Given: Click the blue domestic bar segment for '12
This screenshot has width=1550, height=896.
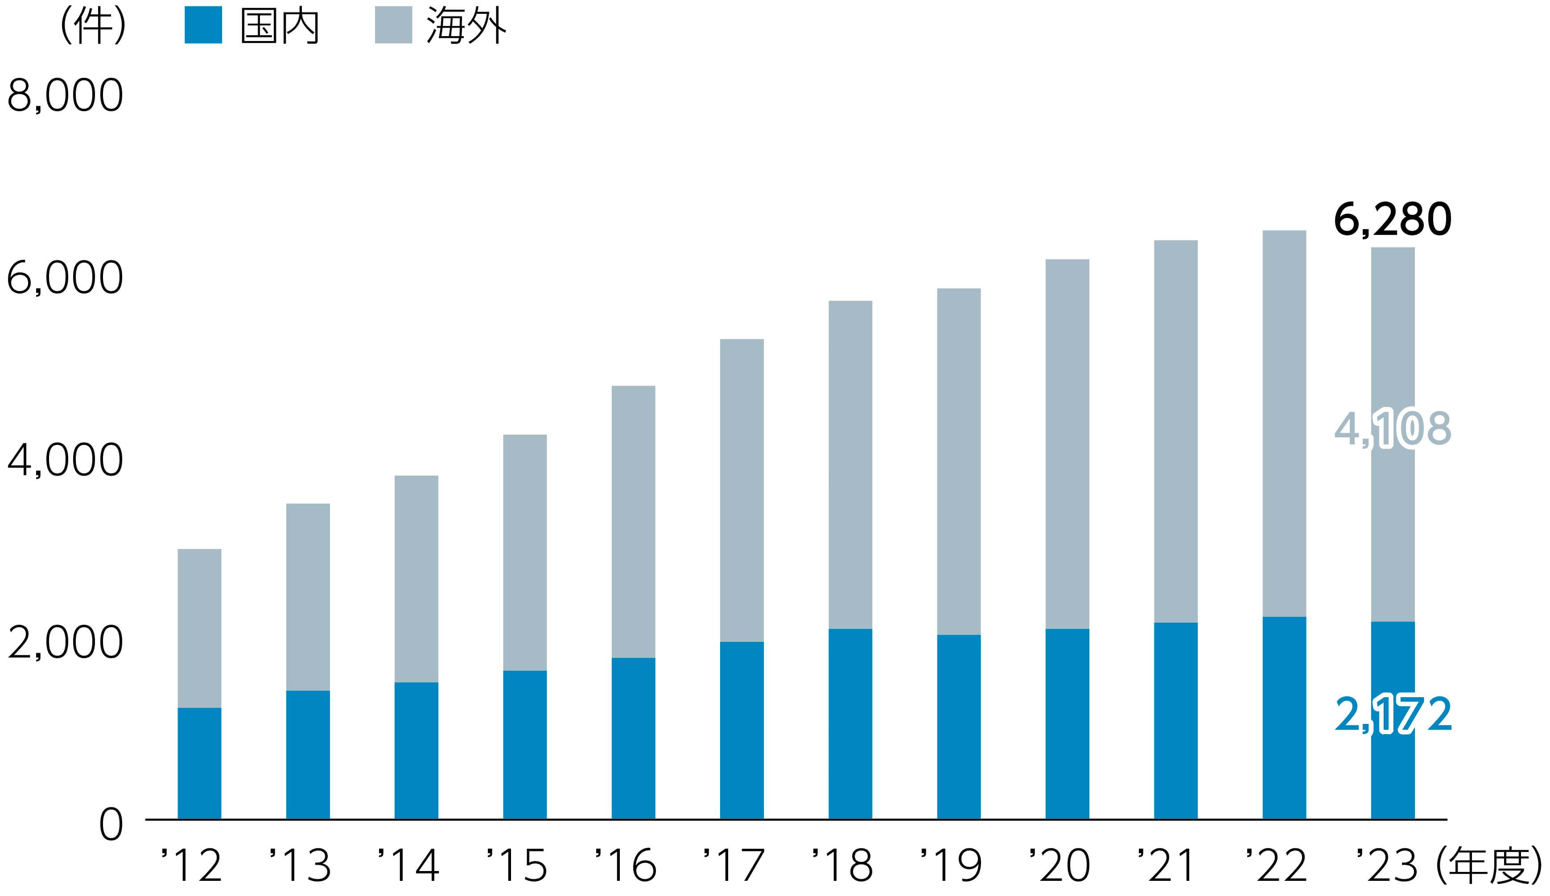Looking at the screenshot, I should (x=199, y=763).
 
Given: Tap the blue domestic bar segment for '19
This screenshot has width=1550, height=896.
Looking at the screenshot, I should (x=958, y=727).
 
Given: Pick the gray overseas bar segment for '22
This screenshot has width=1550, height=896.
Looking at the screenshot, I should (x=1284, y=424).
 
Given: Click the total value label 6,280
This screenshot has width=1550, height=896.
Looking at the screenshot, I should (x=1393, y=219).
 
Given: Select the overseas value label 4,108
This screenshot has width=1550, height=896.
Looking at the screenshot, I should (x=1393, y=429).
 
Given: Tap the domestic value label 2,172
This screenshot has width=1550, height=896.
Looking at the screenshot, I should (x=1393, y=715).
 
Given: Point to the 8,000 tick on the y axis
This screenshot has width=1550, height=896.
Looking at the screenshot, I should (x=65, y=95).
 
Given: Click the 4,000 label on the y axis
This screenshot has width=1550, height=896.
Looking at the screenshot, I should (x=65, y=460).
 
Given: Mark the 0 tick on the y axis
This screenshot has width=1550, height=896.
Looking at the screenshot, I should (x=111, y=825).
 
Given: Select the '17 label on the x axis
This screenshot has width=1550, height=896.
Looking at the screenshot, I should (x=734, y=865).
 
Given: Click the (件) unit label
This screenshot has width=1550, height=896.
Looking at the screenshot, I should (x=94, y=26).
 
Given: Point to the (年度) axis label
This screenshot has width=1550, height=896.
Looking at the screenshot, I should (x=1488, y=865).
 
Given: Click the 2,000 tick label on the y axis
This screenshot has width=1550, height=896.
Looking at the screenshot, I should (x=65, y=643).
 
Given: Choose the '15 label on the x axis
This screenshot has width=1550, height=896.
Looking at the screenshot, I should (x=517, y=865).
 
